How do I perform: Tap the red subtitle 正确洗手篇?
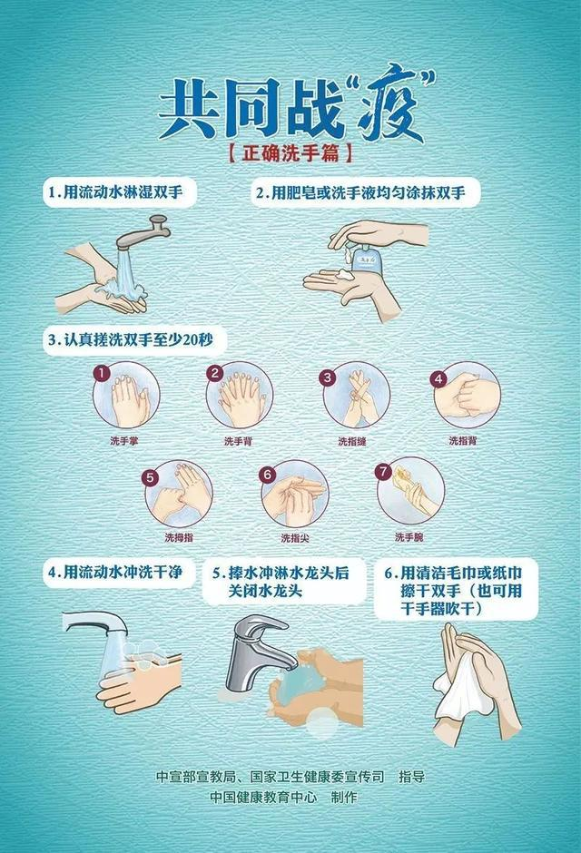(x=290, y=153)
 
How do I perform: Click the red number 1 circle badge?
(x=103, y=372)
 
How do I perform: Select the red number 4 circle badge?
(x=438, y=377)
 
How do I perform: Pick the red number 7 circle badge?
(x=383, y=472)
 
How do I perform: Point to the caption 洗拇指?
(x=179, y=536)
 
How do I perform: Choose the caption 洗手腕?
(x=409, y=536)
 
